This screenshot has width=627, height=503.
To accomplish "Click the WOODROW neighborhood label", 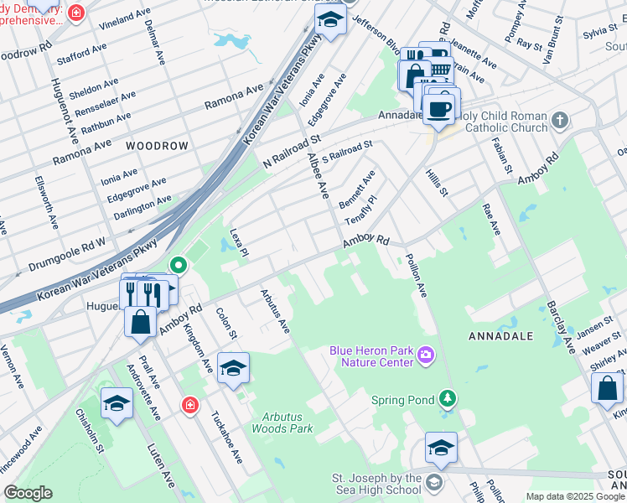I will (157, 146).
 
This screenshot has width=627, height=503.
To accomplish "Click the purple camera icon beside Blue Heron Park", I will (426, 356).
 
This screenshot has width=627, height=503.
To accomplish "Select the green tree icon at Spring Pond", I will (448, 397).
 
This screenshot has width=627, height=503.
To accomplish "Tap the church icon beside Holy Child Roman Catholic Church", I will (561, 122).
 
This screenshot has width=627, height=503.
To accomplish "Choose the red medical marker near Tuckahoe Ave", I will (191, 406).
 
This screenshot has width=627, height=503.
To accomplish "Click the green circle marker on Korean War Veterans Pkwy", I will (178, 266).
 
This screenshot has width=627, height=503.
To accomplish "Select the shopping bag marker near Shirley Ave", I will (607, 388).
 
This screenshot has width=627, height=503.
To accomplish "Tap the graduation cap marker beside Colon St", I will (233, 367).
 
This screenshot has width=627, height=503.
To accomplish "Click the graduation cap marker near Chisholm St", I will (117, 403).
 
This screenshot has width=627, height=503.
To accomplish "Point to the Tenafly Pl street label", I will (361, 211).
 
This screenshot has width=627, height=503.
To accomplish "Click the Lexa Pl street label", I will (240, 242).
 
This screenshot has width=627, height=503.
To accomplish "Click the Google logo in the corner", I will (28, 493).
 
